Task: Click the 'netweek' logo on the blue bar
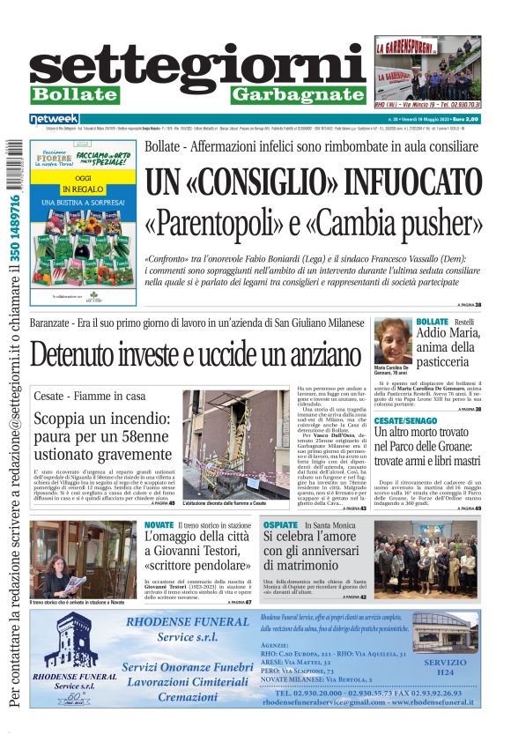[54, 118]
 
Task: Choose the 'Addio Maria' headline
[448, 340]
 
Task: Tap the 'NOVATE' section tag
[159, 525]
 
